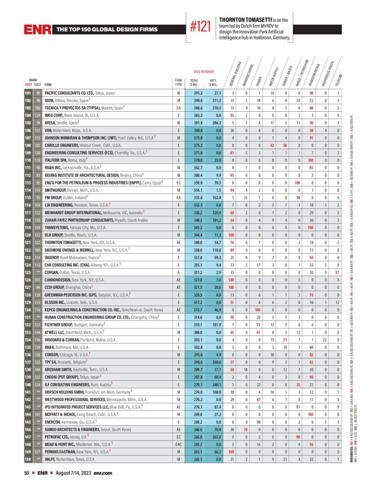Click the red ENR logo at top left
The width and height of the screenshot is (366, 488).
38,30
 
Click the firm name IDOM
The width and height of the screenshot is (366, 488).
50,100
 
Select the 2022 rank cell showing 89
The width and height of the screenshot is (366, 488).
38,93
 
